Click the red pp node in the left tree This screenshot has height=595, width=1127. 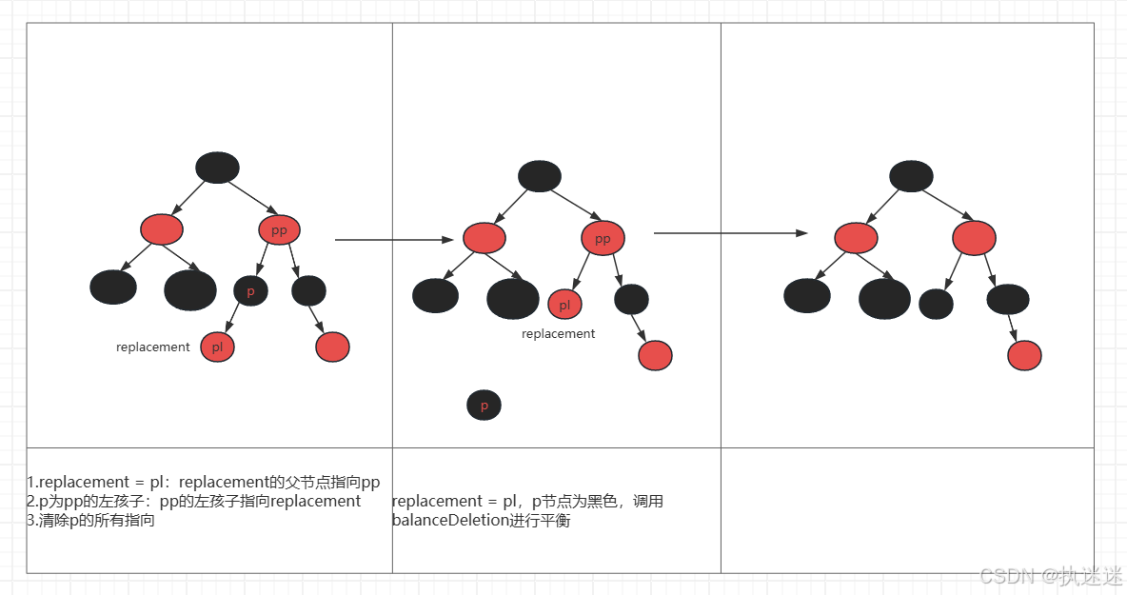point(279,230)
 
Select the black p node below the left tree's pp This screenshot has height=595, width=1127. point(250,291)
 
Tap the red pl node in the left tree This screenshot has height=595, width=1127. point(217,347)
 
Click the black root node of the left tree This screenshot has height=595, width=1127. point(217,168)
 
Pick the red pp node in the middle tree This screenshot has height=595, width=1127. point(603,239)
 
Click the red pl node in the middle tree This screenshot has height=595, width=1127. point(564,305)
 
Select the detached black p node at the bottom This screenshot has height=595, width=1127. point(484,406)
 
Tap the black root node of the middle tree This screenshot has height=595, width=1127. point(540,176)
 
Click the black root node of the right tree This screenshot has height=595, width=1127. point(911,176)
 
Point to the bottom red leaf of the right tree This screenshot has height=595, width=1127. point(1024,355)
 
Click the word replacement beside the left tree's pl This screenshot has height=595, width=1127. point(153,347)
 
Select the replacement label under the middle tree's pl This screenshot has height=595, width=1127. point(559,334)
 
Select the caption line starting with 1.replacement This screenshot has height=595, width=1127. point(204,483)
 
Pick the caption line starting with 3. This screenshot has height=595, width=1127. point(90,521)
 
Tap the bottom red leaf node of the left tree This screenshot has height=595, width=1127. point(332,347)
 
